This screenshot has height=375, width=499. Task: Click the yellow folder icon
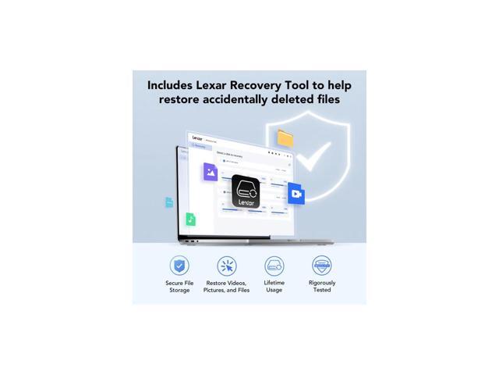point(285,138)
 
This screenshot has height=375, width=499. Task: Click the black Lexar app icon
point(246,191)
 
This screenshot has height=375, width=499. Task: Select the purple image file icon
point(210,172)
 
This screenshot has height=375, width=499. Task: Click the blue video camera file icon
point(296,194)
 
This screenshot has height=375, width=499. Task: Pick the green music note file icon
point(190,220)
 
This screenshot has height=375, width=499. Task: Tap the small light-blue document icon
point(169,202)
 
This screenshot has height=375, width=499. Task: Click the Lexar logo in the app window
point(196,137)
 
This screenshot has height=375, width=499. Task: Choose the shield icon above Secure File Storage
point(179,266)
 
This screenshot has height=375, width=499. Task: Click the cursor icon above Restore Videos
point(226,266)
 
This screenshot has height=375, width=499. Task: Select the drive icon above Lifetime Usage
point(274,266)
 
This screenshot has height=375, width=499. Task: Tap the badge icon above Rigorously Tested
point(321,266)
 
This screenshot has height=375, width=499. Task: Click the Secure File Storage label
point(179,287)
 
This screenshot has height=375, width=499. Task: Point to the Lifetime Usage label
point(274,286)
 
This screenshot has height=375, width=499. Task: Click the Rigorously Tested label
point(321,286)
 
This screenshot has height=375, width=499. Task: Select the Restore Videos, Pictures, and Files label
point(226,287)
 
